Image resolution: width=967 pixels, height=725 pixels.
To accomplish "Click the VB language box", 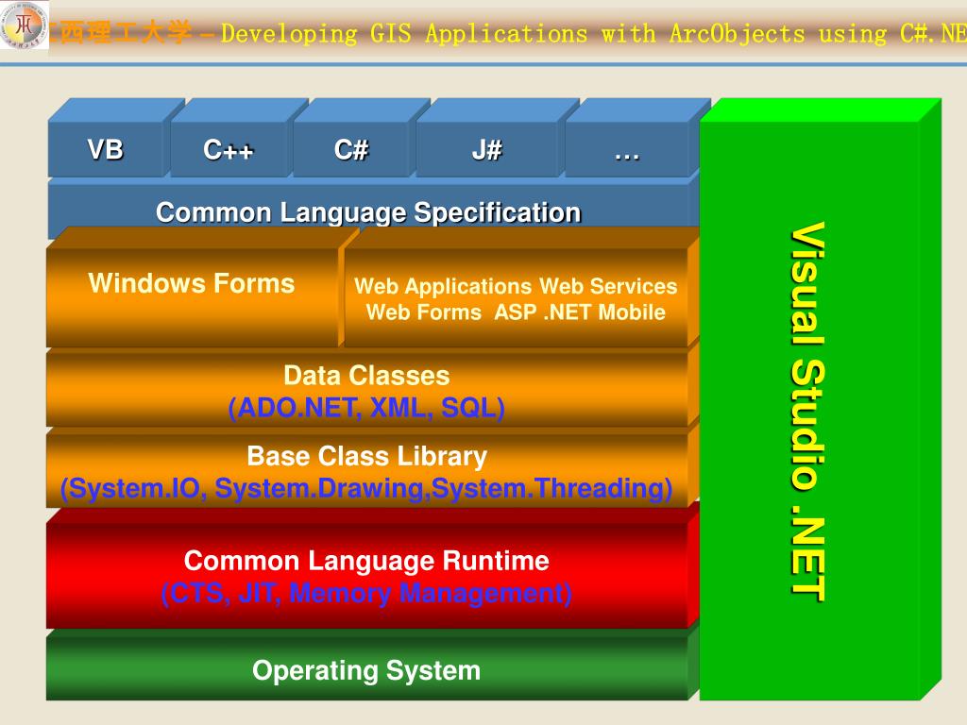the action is click(x=106, y=150).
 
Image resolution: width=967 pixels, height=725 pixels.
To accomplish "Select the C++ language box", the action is click(x=229, y=150).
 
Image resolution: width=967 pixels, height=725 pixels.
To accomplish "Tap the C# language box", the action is click(x=351, y=150).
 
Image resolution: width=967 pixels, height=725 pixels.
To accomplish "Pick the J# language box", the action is click(x=487, y=150).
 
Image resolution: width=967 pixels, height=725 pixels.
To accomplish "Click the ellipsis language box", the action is click(x=626, y=150).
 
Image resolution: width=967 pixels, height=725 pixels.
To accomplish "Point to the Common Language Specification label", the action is click(x=368, y=212).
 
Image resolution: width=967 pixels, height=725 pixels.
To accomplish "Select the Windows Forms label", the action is click(x=192, y=284).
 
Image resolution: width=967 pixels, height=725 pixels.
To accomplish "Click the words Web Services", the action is click(x=608, y=286).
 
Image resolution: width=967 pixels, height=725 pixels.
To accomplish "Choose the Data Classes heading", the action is click(x=366, y=376).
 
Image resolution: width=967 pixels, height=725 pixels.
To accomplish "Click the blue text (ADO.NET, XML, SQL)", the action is click(x=366, y=408).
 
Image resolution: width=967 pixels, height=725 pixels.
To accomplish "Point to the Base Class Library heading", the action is click(x=366, y=457).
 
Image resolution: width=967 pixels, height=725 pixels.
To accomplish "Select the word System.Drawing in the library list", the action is click(x=363, y=489).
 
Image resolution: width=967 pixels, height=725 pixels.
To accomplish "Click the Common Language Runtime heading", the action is click(x=366, y=561).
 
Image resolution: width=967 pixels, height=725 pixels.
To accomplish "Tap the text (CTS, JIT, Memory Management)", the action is click(x=366, y=594).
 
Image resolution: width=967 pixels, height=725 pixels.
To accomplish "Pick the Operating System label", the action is click(x=366, y=671).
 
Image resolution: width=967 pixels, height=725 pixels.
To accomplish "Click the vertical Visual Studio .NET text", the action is click(x=808, y=411).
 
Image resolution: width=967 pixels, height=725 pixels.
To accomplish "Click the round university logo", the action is click(x=24, y=29).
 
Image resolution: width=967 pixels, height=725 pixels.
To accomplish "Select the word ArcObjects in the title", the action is click(x=737, y=35).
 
